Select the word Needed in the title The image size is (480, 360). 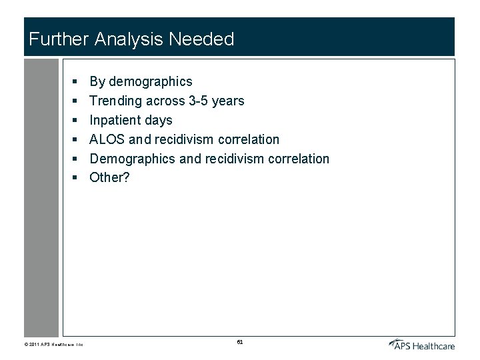tap(201, 39)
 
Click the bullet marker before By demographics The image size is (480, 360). tap(76, 82)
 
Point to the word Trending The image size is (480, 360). tap(116, 101)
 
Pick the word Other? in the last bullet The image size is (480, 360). tap(109, 178)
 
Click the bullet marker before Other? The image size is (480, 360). tap(76, 178)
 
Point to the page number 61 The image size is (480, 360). tap(240, 342)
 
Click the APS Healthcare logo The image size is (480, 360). tap(422, 344)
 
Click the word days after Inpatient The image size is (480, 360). tap(159, 121)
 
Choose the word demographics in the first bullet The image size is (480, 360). tap(150, 82)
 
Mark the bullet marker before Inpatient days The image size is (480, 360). tap(76, 121)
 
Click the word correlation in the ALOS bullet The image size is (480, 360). tap(249, 139)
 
